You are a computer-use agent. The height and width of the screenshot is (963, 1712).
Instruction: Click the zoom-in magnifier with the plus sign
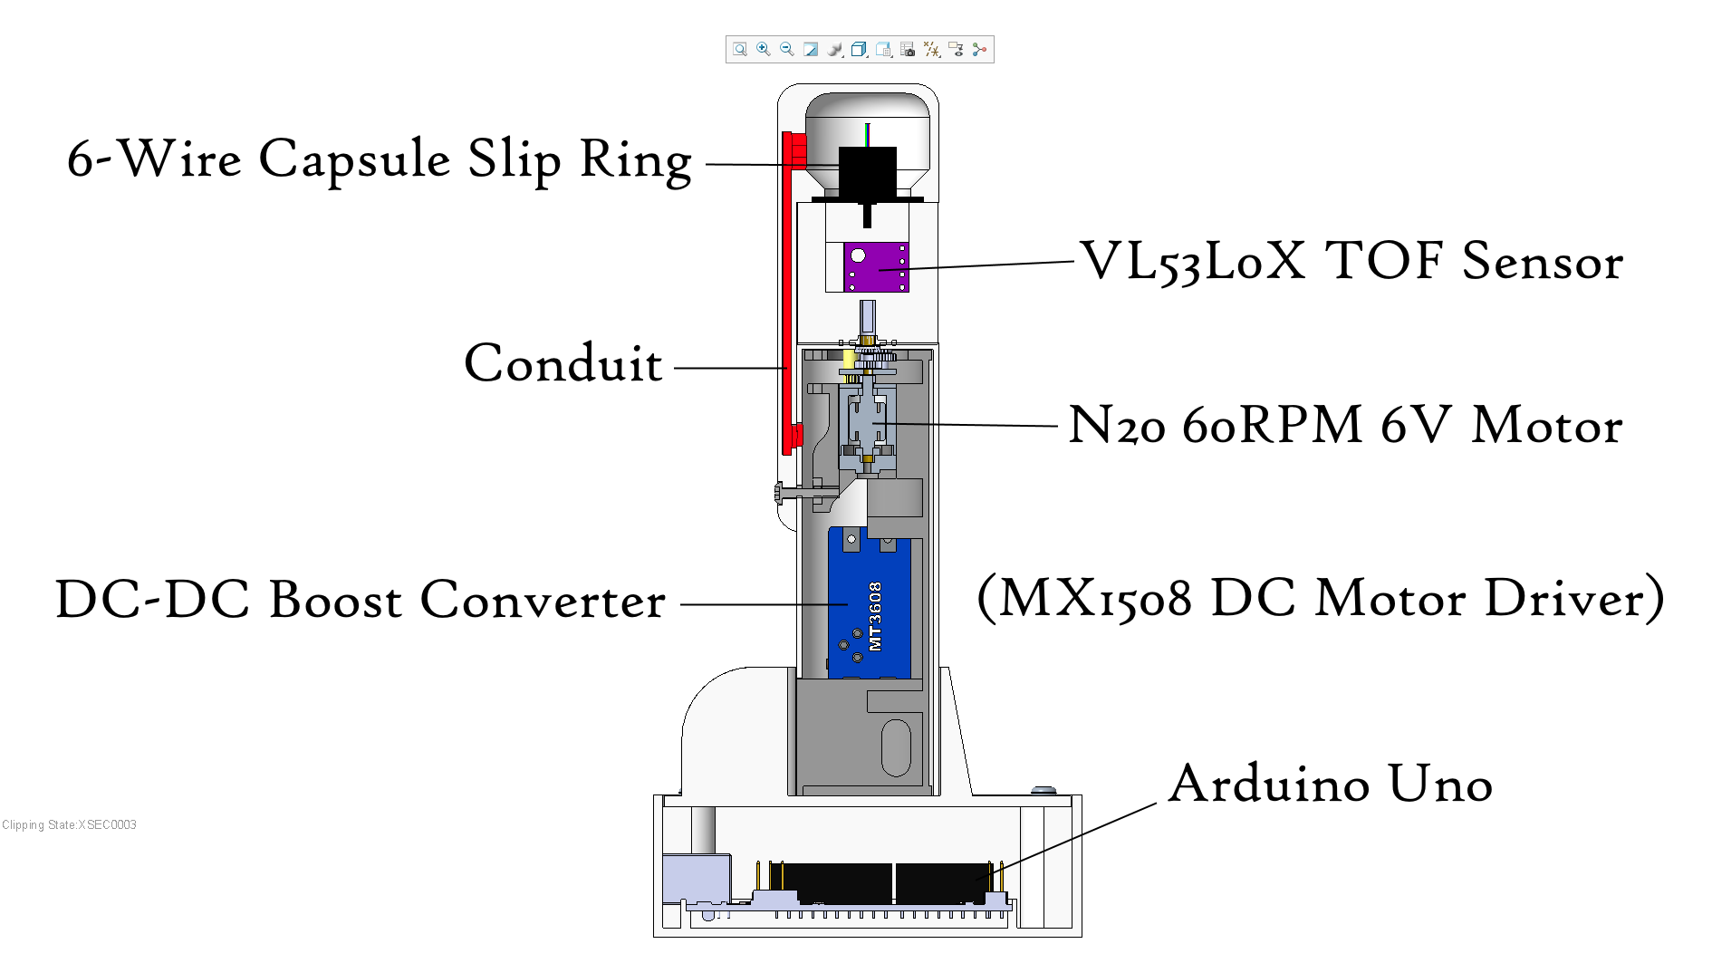[764, 49]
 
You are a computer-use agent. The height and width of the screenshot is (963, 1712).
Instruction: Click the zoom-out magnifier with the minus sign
[787, 49]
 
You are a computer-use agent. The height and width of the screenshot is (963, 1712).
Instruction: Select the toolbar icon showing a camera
[908, 49]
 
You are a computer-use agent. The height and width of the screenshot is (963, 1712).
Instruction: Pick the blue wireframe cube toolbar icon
[859, 49]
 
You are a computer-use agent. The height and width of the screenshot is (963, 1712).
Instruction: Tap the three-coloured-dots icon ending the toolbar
[979, 49]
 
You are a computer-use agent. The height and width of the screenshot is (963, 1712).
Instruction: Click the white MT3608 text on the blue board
[875, 616]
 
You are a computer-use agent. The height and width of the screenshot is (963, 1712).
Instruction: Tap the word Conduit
[563, 364]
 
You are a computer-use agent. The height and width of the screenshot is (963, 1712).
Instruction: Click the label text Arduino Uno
[1330, 784]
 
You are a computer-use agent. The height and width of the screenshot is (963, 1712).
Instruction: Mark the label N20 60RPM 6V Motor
[1345, 425]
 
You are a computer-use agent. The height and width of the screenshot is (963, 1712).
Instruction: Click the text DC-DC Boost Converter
[361, 600]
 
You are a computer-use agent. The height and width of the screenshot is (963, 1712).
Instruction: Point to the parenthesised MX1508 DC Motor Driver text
[1321, 598]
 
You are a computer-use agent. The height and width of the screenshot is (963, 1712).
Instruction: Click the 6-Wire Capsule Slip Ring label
[380, 159]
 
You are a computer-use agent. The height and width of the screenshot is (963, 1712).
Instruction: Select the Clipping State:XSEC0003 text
[69, 824]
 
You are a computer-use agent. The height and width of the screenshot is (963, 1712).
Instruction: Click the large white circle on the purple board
[858, 255]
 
